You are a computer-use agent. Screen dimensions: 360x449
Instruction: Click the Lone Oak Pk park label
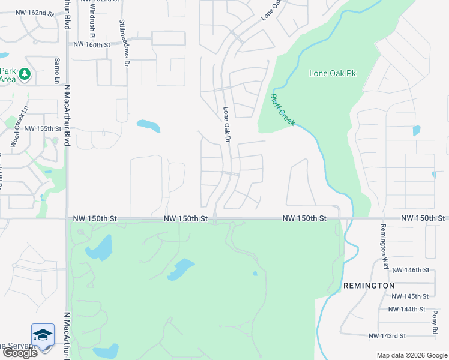tap(332, 73)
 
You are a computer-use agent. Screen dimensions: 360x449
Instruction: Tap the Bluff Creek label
tap(282, 110)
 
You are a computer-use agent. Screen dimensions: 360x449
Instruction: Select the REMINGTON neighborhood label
tap(369, 286)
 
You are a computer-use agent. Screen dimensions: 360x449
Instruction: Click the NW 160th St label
tap(92, 44)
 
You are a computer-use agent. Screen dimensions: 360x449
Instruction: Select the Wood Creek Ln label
tap(19, 127)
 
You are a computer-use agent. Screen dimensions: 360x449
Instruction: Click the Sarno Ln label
tap(58, 71)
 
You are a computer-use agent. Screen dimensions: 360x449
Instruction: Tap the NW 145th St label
tap(408, 296)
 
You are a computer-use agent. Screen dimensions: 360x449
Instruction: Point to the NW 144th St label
tap(406, 309)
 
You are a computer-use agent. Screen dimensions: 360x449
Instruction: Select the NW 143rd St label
tap(387, 335)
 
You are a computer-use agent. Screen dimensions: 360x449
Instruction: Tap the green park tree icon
tap(25, 74)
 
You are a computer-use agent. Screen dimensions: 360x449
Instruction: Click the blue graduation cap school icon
tap(43, 334)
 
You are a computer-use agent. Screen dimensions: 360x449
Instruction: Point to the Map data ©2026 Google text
tap(411, 355)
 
